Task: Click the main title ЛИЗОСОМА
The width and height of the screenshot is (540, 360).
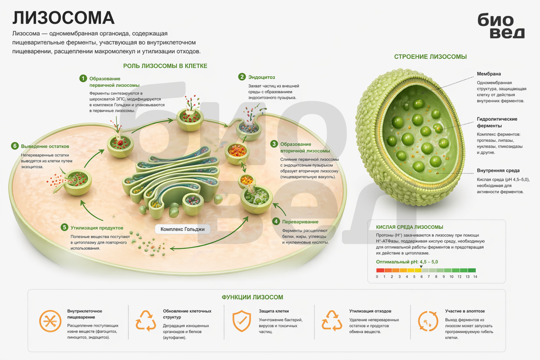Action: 63,18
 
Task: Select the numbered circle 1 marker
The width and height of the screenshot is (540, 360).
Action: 83,78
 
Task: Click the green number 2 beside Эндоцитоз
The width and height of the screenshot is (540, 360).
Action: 242,77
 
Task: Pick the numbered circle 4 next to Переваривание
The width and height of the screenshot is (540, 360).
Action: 276,221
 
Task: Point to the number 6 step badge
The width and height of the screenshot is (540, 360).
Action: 15,146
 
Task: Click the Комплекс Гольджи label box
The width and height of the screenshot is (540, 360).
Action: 183,229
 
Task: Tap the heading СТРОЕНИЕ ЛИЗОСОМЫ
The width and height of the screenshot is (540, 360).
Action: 430,57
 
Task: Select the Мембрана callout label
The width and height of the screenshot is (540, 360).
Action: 489,74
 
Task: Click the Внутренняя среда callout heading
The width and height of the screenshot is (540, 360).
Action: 498,170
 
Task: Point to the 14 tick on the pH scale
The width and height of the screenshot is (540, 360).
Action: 475,276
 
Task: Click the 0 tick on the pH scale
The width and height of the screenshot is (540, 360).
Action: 377,276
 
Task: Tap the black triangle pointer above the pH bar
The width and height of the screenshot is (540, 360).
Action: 421,266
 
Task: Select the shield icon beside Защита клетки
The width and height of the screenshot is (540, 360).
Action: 242,321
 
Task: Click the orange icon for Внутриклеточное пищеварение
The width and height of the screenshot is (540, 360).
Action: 50,321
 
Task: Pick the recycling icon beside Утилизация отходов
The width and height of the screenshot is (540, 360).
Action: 332,320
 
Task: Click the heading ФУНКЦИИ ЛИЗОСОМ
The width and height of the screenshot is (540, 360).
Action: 252,297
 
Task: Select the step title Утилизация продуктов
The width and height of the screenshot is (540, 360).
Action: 97,228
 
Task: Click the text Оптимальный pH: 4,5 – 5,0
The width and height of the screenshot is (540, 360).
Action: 407,262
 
